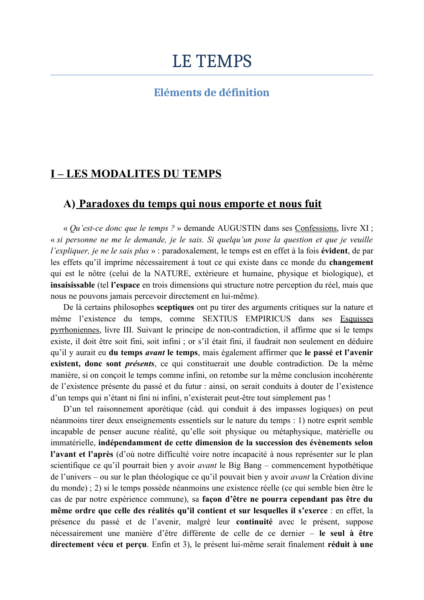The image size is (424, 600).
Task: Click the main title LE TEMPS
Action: pos(212,62)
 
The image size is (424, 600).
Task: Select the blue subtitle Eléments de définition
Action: pos(212,93)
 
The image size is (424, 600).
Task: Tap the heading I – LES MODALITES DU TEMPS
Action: pos(136,174)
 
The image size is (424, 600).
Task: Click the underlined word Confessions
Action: pos(316,228)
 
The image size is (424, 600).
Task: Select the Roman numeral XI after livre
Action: pos(364,228)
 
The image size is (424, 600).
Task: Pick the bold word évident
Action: pos(334,251)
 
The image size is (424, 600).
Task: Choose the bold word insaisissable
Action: pos(73,285)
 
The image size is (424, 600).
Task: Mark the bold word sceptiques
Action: pos(175,307)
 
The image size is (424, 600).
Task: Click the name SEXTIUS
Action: pos(220,319)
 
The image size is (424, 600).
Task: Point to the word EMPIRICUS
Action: pos(268,319)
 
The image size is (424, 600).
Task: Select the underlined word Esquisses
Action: pos(357,319)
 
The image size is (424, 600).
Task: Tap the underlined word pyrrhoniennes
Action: pos(75,330)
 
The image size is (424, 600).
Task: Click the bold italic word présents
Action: pos(140,364)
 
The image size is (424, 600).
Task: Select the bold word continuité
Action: pos(254,522)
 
